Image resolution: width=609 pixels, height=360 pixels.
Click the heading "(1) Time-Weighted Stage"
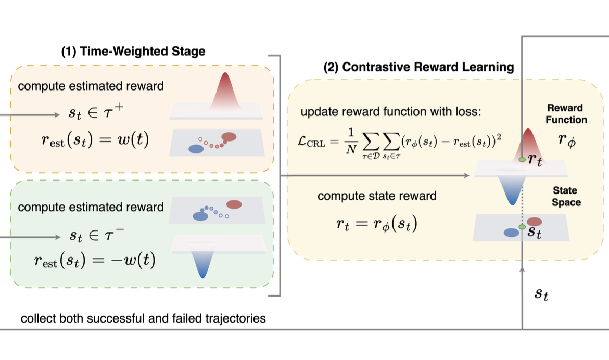[x=134, y=51]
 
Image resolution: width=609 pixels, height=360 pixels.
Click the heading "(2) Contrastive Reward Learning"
[x=418, y=67]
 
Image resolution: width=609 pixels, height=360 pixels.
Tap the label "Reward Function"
[x=567, y=113]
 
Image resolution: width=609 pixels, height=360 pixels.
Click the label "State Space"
[x=566, y=196]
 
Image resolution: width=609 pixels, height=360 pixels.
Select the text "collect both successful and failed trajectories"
[x=143, y=318]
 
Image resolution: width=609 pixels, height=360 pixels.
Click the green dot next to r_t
[x=522, y=160]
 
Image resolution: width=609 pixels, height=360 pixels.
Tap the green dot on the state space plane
[x=522, y=227]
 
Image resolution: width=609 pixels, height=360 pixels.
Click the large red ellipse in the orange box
[x=229, y=137]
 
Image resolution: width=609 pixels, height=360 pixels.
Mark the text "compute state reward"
[x=377, y=196]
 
